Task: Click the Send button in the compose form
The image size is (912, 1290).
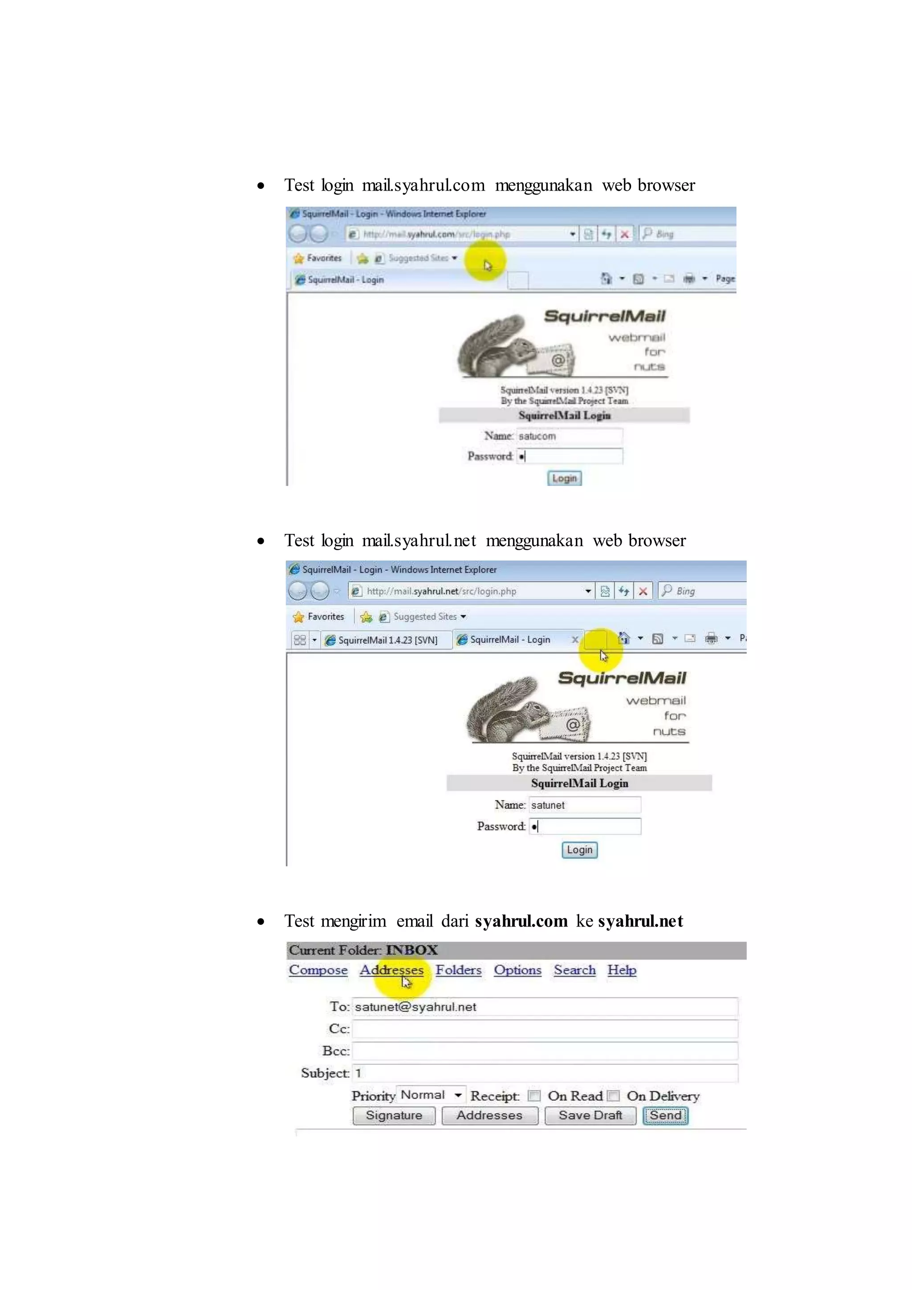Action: coord(665,1115)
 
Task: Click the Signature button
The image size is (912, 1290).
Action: coord(394,1115)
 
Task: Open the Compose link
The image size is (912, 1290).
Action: coord(318,970)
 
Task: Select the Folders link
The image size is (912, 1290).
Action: coord(458,970)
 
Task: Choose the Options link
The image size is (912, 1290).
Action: coord(517,970)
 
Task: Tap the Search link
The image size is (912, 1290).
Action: coord(574,970)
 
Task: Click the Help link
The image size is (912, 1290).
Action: coord(622,970)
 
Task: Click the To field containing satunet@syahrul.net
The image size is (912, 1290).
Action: coord(545,1007)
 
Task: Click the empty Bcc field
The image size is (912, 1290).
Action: coord(545,1051)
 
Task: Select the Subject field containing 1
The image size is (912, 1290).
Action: coord(545,1073)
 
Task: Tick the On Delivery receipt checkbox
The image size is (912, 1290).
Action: coord(614,1096)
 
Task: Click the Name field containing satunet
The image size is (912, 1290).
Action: coord(584,805)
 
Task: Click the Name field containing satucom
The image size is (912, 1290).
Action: coord(569,436)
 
